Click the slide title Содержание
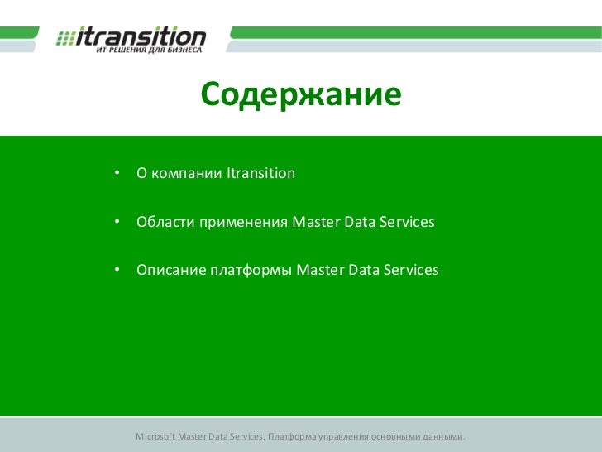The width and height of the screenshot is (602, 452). [300, 97]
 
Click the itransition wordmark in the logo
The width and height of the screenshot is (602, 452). [141, 36]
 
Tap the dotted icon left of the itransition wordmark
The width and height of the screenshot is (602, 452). [65, 39]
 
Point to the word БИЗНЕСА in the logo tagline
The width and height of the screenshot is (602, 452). [175, 50]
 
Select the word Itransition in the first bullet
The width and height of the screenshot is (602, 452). [260, 174]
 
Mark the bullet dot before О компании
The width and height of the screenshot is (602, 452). [118, 174]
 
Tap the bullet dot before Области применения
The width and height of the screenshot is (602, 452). [118, 223]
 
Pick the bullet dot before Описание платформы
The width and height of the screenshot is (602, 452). [118, 271]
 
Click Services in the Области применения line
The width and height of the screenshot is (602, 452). [405, 223]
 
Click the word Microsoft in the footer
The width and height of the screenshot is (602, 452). [156, 436]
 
